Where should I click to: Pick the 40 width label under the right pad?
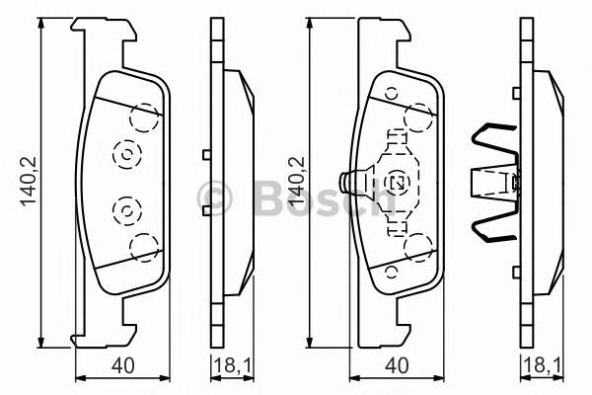click(398, 366)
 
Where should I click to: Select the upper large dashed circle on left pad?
click(145, 118)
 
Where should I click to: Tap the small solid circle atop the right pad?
click(391, 94)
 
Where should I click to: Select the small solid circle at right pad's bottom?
click(391, 270)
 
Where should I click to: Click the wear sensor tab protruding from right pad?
click(348, 182)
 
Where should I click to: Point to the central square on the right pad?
click(400, 182)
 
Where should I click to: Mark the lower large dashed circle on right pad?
click(420, 245)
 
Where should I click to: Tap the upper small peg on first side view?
click(204, 153)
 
